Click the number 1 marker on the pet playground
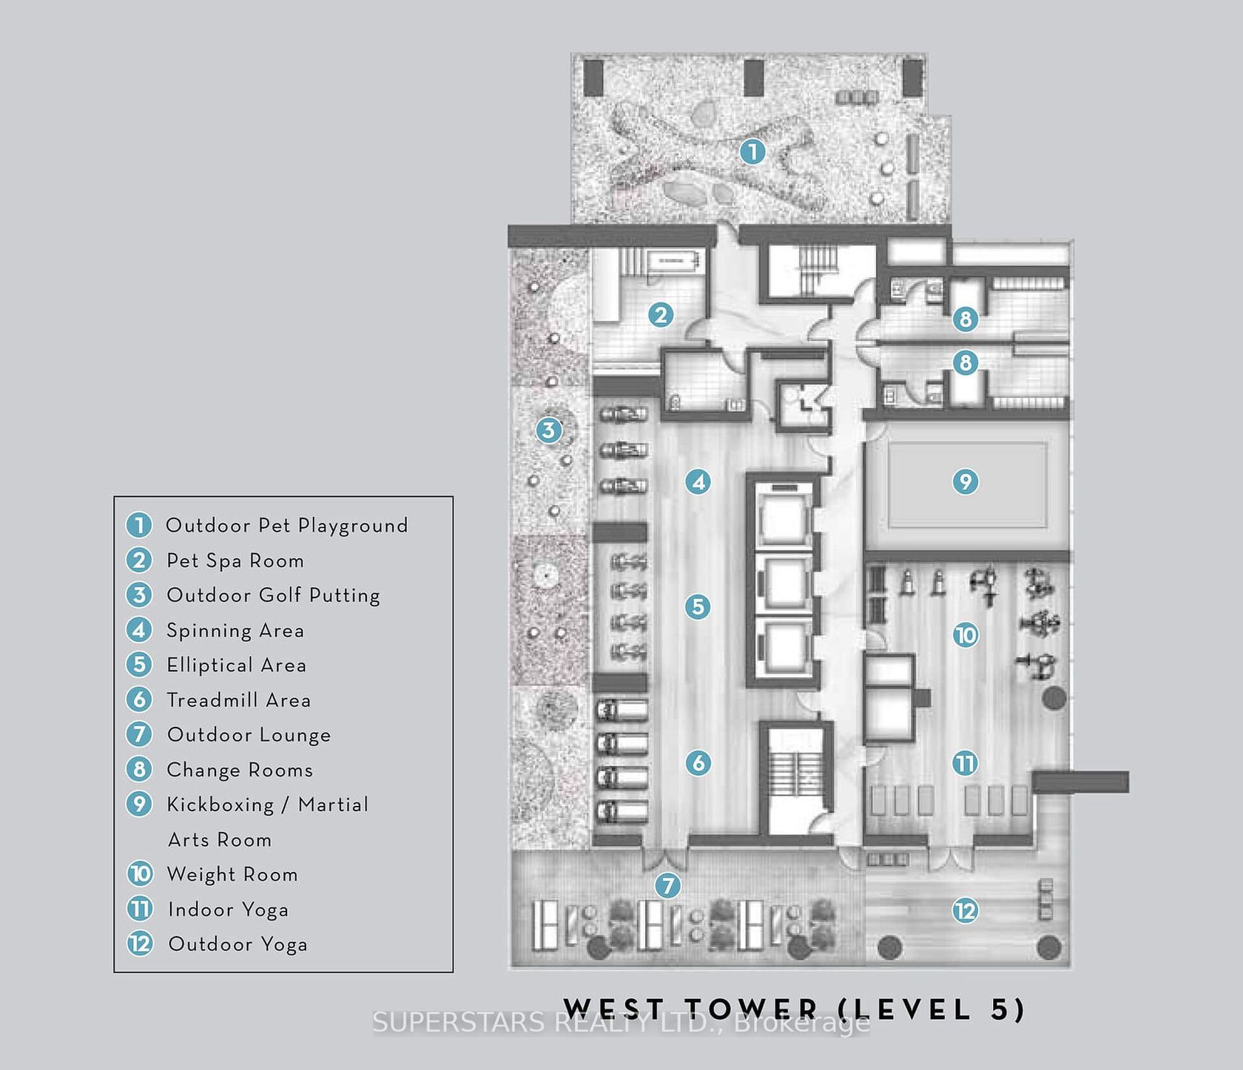click(752, 152)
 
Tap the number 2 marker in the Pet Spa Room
click(661, 315)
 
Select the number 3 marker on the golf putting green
click(548, 430)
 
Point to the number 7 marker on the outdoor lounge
click(668, 885)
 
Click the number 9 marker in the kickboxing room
click(965, 482)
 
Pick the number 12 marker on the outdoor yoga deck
click(965, 910)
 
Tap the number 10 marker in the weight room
click(965, 635)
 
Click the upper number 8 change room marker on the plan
click(965, 319)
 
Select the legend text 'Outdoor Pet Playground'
click(287, 526)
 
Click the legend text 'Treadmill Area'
click(238, 700)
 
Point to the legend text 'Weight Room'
click(232, 875)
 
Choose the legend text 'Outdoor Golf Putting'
click(273, 595)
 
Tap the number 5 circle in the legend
click(139, 665)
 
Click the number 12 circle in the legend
click(140, 944)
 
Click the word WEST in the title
click(614, 1009)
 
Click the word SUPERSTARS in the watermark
click(459, 1023)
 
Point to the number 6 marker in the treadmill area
click(698, 762)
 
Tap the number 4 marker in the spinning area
click(698, 482)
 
